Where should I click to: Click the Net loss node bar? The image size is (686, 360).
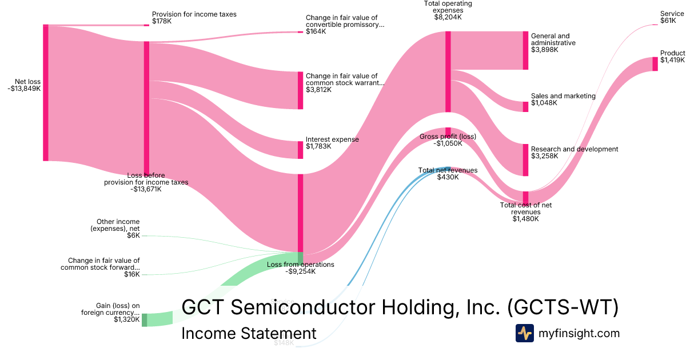(46, 93)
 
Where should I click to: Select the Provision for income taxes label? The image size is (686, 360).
(194, 14)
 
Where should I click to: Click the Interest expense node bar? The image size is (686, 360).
(300, 150)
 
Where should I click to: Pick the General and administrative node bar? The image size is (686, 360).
(525, 50)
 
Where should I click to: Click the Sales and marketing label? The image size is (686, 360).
(563, 96)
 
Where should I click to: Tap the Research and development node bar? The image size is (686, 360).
(525, 160)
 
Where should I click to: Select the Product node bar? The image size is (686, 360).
(655, 64)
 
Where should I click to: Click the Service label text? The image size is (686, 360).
(672, 14)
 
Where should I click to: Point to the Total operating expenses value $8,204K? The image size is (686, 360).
(448, 18)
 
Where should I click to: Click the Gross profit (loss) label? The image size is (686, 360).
(448, 137)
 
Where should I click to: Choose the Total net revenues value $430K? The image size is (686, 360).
(448, 177)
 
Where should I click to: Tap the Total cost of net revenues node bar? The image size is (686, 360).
(525, 198)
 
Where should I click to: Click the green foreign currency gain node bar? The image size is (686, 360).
(144, 320)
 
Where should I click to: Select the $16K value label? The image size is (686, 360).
(131, 274)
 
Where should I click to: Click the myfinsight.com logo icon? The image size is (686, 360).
(524, 333)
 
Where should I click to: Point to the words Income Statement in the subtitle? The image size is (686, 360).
(248, 333)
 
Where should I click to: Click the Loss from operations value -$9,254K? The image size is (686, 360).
(300, 271)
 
